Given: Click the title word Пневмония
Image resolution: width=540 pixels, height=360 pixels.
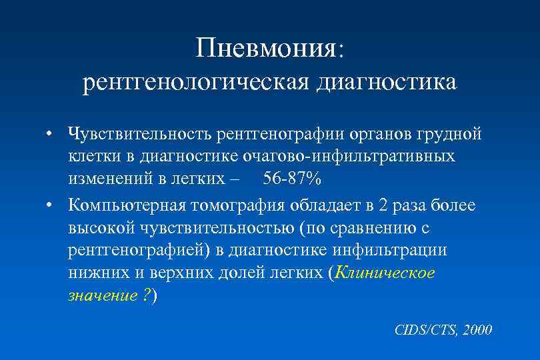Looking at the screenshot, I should (267, 49).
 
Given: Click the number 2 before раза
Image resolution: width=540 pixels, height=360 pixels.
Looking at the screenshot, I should (382, 205).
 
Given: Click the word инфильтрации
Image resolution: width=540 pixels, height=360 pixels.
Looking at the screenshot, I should (400, 251).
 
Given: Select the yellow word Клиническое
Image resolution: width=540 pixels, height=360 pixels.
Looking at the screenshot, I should (385, 273).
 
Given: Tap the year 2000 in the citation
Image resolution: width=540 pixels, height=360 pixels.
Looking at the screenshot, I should (477, 329).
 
